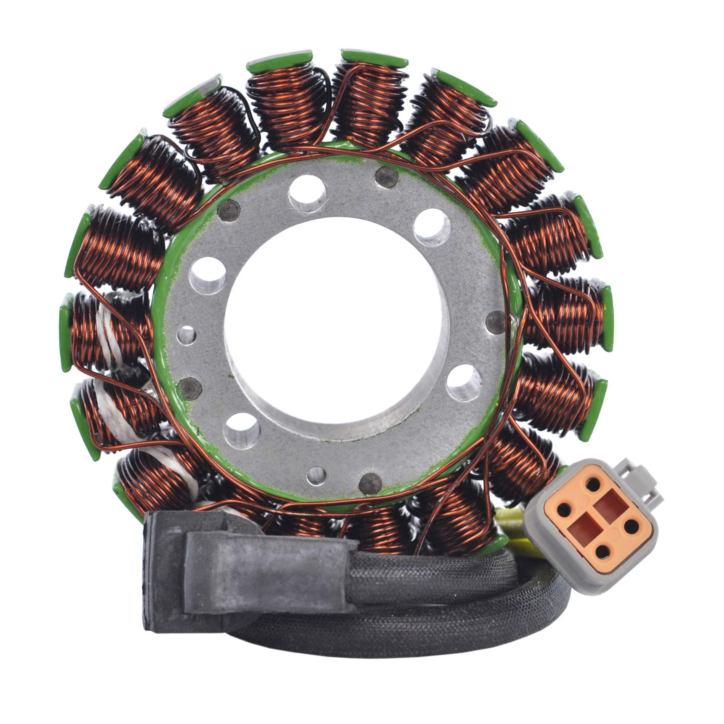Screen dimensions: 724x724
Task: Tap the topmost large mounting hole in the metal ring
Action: tap(307, 194)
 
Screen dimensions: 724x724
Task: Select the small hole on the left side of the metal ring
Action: tap(186, 335)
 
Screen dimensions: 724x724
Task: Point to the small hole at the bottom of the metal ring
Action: tap(316, 476)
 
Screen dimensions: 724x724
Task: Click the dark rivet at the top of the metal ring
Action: tap(387, 177)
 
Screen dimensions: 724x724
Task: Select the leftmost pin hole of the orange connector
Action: tap(563, 509)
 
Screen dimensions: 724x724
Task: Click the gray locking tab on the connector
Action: tap(645, 483)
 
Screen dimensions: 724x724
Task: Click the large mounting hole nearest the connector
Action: tap(464, 382)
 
